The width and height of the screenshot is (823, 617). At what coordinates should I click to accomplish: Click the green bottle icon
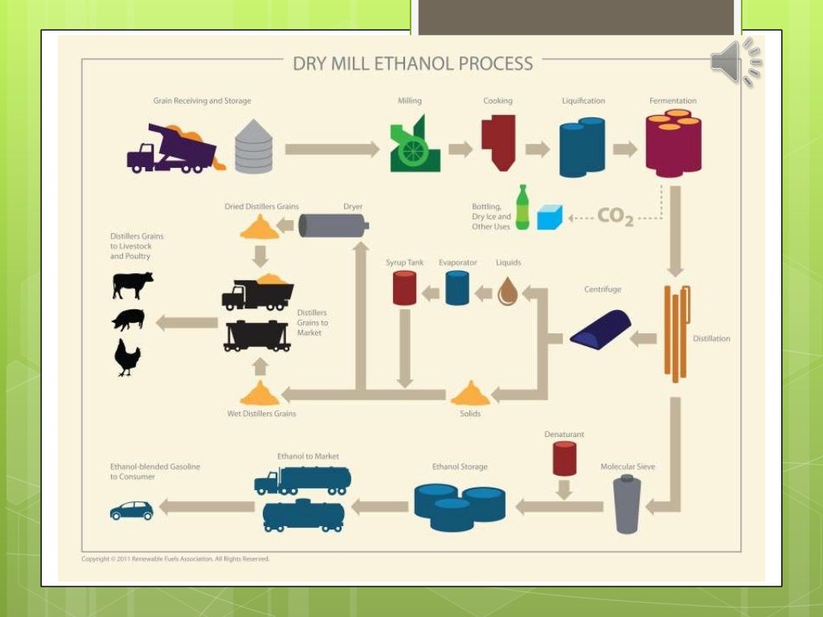(x=522, y=208)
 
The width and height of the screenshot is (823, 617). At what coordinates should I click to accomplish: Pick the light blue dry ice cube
(x=550, y=217)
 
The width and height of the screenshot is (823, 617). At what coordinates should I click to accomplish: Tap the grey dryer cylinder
(x=334, y=226)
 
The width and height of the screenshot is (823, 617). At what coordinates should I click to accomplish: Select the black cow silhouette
(x=132, y=284)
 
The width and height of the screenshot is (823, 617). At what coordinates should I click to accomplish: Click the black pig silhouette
(x=129, y=320)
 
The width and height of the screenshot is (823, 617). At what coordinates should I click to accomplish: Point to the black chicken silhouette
(x=127, y=358)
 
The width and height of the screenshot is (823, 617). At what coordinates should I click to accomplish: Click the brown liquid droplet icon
(x=507, y=291)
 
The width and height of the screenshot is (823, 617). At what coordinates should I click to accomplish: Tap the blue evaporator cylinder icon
(x=457, y=288)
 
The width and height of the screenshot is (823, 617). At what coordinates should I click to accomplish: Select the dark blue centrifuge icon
(x=600, y=329)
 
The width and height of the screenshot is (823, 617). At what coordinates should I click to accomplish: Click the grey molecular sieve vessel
(x=627, y=504)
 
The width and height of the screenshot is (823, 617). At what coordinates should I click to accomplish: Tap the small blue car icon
(x=131, y=510)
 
